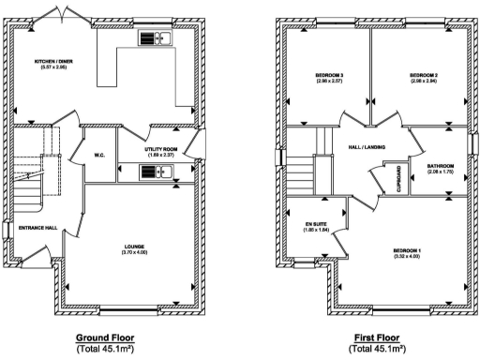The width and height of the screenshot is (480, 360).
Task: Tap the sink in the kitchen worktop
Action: point(152,38)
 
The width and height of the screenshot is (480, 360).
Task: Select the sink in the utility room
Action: point(152,172)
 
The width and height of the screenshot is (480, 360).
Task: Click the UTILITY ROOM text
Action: point(160,149)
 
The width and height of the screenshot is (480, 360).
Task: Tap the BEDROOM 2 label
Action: point(425,74)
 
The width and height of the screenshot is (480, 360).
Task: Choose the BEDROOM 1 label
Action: point(407,250)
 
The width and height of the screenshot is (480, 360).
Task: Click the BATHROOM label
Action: point(440,166)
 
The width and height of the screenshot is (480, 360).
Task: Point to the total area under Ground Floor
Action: point(105,348)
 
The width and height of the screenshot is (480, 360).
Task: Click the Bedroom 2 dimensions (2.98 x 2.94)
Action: point(425,81)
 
